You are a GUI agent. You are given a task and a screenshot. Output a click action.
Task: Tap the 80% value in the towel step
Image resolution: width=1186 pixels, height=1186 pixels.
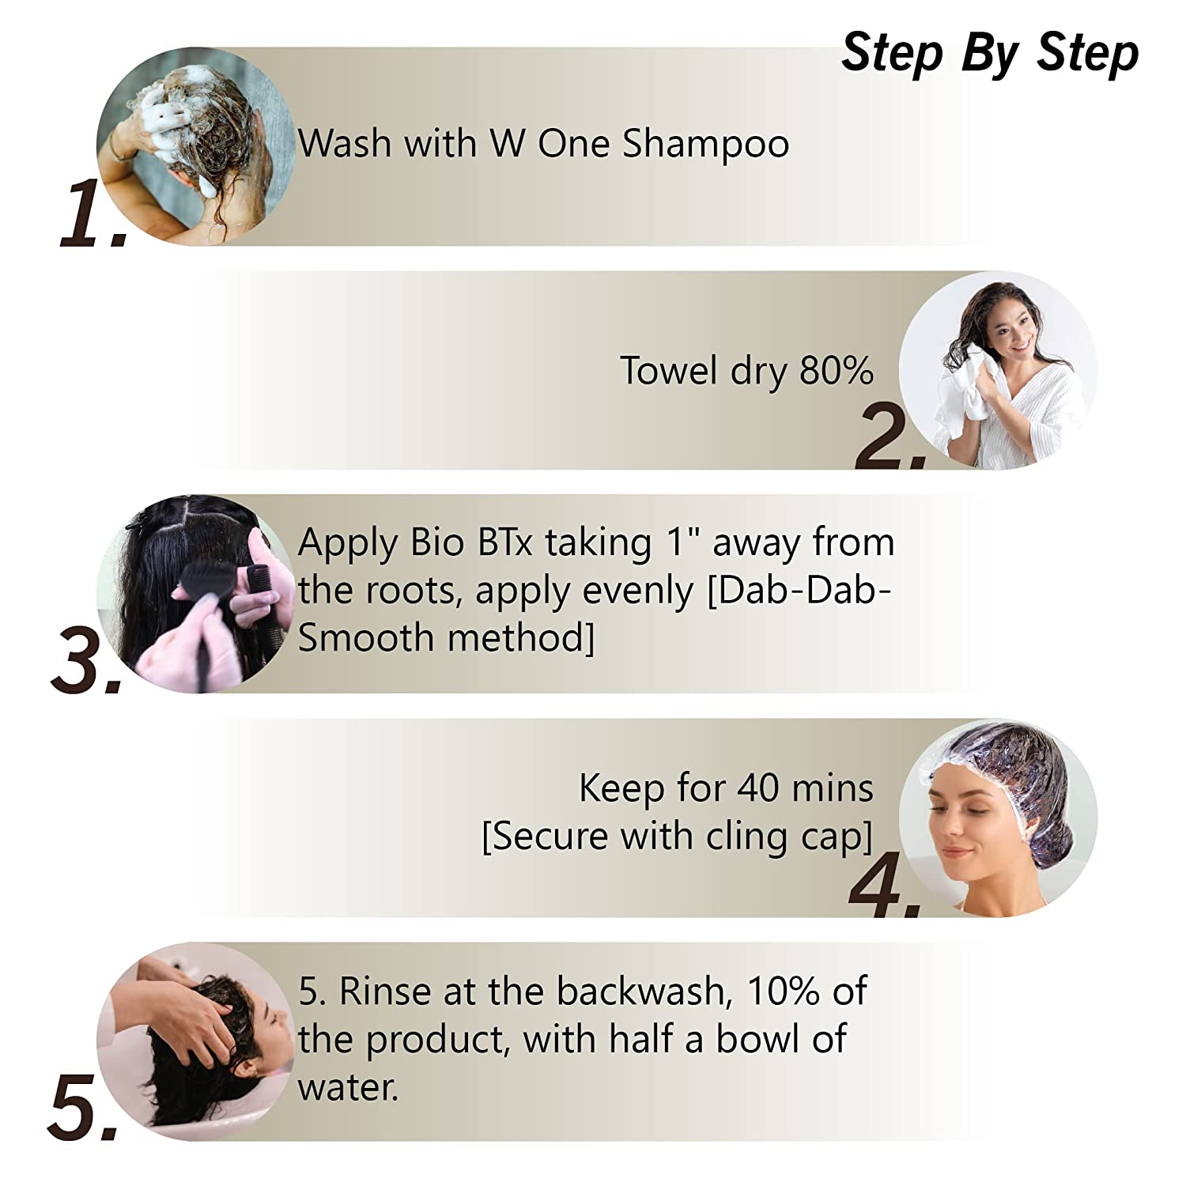pyautogui.click(x=836, y=370)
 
